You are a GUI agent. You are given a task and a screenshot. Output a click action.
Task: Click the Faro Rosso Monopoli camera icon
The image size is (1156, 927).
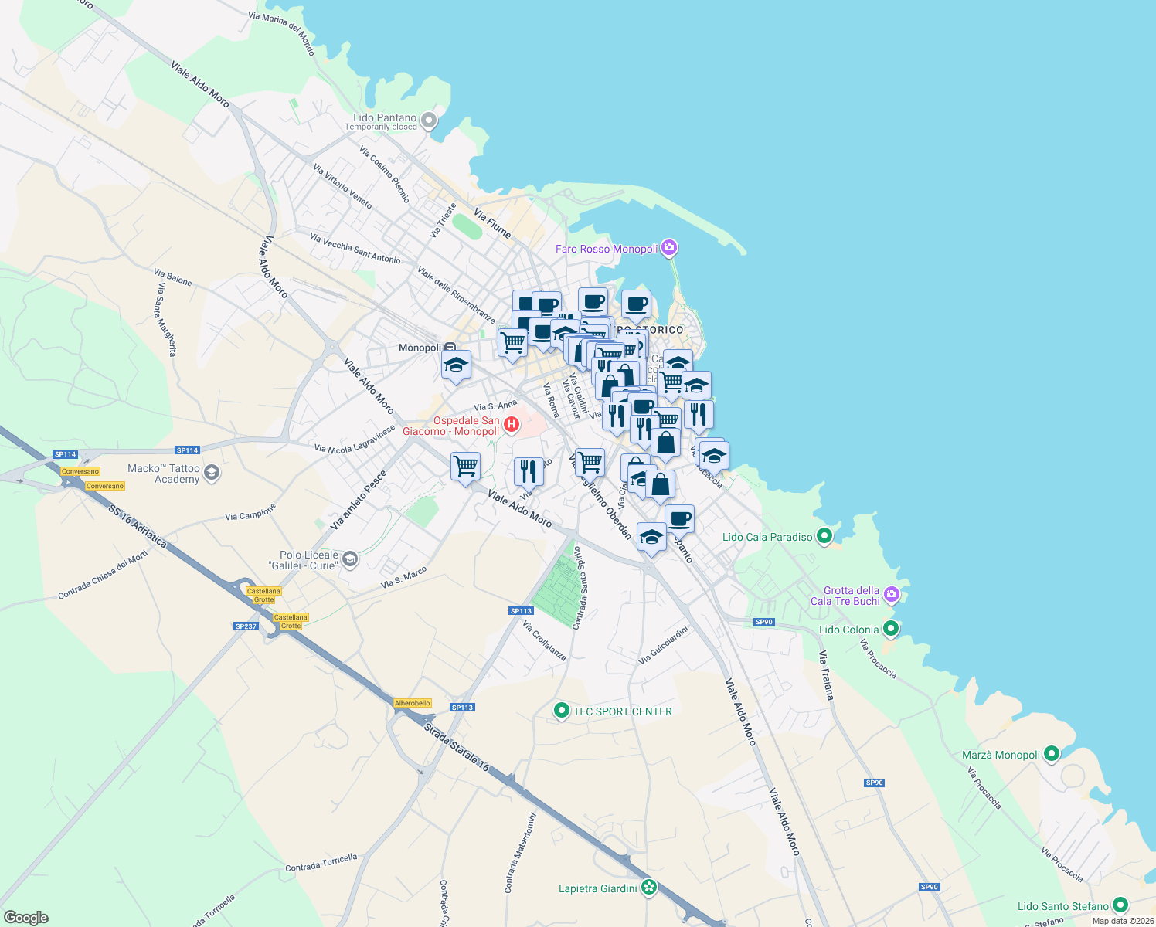tap(669, 248)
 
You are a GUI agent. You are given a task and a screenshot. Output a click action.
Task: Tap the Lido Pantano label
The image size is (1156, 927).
tap(385, 117)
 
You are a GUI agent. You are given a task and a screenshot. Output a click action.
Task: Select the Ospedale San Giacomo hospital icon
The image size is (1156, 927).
tap(511, 424)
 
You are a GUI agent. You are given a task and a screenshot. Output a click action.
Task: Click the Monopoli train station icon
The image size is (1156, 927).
tap(450, 348)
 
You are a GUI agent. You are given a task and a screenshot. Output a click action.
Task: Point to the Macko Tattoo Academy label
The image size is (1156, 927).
tap(164, 474)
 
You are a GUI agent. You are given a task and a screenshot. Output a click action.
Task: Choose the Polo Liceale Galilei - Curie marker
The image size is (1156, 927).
tap(350, 559)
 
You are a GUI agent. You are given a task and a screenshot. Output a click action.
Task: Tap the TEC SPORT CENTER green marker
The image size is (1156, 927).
tap(562, 711)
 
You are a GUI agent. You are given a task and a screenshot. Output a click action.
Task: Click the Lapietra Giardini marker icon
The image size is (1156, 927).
tap(649, 888)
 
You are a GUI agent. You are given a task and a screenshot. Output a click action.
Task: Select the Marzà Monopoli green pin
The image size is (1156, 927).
tap(1051, 754)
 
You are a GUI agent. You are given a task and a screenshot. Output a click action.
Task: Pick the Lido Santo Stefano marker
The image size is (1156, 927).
tap(1120, 905)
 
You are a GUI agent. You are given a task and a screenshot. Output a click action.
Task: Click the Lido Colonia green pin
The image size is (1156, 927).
tap(890, 629)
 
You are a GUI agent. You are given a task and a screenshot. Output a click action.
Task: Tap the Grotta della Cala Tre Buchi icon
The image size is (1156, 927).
tap(892, 594)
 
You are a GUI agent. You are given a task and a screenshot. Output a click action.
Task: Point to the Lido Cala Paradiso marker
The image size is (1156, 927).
tap(824, 535)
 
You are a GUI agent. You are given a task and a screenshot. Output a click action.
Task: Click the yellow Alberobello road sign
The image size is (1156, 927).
tap(413, 703)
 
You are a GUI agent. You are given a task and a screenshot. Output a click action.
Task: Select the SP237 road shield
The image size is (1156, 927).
tap(246, 626)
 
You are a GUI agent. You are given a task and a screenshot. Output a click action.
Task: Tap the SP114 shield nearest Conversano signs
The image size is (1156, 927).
tap(65, 454)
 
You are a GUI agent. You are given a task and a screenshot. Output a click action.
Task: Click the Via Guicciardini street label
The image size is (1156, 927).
tap(663, 645)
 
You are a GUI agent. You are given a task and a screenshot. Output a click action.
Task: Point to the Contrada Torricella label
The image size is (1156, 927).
tap(321, 862)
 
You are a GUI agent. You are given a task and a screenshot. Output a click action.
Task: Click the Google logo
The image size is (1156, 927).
tap(26, 917)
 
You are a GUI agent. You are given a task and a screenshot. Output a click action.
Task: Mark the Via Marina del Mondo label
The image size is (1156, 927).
tap(282, 33)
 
